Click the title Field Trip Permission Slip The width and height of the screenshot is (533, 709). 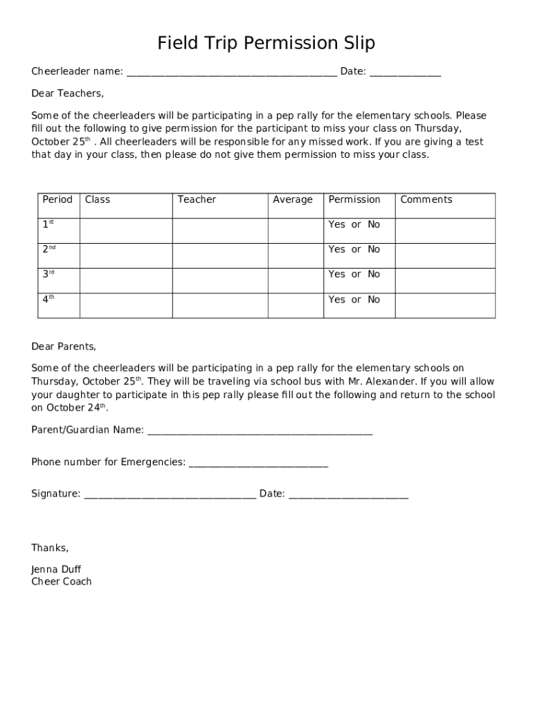(x=266, y=44)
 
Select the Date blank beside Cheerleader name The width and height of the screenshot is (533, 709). (x=405, y=72)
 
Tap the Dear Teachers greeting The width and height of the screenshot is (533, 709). (x=67, y=93)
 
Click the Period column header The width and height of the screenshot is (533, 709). (x=57, y=199)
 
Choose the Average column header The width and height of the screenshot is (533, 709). (x=293, y=199)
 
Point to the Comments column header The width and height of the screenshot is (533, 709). (x=426, y=199)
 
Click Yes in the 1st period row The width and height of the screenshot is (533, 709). (x=336, y=224)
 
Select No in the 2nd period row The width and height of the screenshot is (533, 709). (x=374, y=249)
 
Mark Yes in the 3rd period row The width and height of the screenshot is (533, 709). (x=336, y=274)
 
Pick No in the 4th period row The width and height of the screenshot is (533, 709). (x=374, y=300)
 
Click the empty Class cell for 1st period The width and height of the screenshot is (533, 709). (x=126, y=231)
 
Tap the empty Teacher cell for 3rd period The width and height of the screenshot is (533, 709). (x=220, y=280)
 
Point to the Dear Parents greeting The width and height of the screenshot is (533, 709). (x=64, y=346)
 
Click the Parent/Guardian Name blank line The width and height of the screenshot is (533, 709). (x=260, y=431)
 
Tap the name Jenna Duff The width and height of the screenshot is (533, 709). (x=56, y=570)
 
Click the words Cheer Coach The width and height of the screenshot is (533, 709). (x=62, y=582)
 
